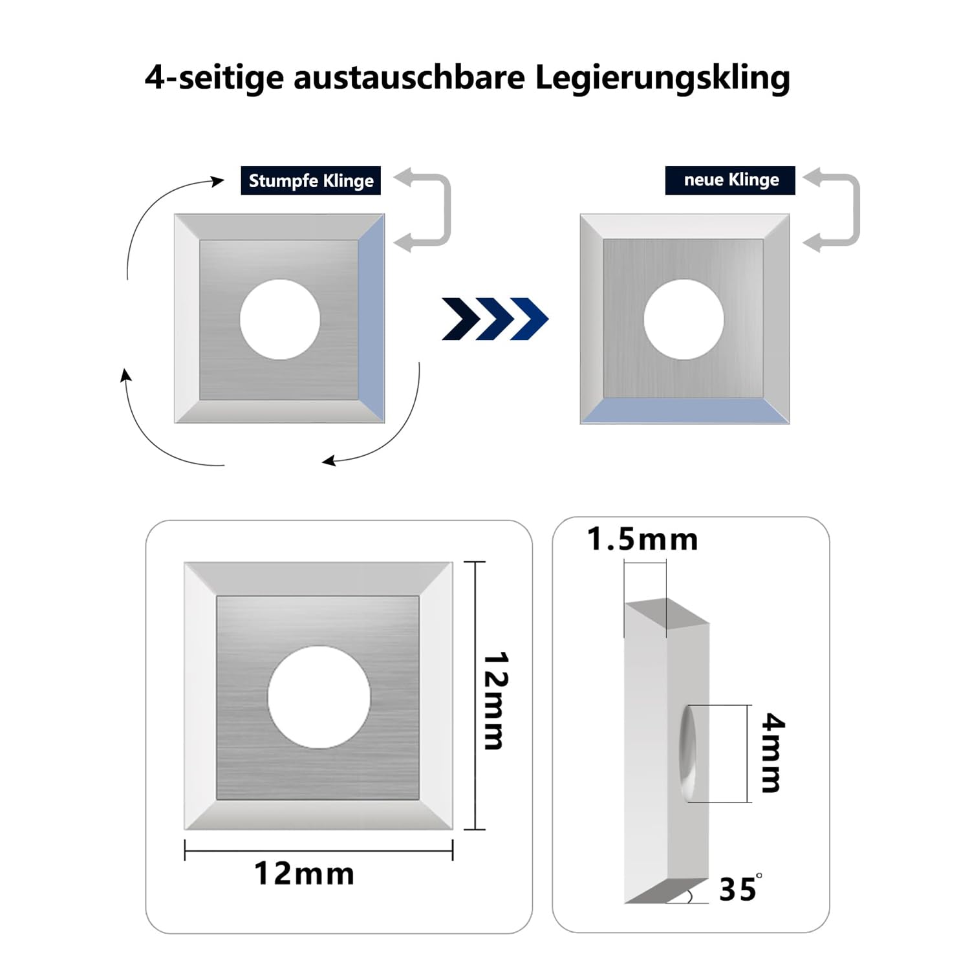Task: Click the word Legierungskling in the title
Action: coord(662,78)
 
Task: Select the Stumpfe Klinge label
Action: coord(311,180)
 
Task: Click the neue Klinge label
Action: coord(731,180)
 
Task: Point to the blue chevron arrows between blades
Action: coord(495,319)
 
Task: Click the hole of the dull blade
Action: coord(280,319)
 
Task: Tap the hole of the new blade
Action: coord(684,319)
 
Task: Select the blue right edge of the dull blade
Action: coord(372,319)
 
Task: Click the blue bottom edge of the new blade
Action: coord(685,411)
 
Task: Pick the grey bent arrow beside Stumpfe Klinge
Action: coord(446,210)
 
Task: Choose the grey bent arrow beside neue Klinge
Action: coord(855,210)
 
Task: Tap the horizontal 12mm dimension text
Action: coord(305,874)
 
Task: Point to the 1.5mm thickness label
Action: coord(643,539)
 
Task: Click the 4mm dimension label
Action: coord(773,753)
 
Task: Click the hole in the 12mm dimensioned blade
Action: coord(319,697)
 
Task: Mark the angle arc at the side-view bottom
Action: coord(690,896)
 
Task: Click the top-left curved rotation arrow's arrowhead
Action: coord(218,181)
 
